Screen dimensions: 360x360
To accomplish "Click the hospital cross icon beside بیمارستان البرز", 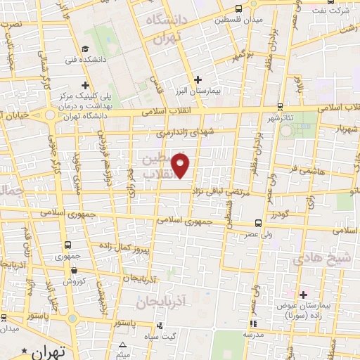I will point(198,79).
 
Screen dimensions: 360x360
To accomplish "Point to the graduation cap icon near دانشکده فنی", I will point(84,49).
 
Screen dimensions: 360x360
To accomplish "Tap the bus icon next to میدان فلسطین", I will point(238,8).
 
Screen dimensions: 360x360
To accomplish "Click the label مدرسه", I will point(253,335).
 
